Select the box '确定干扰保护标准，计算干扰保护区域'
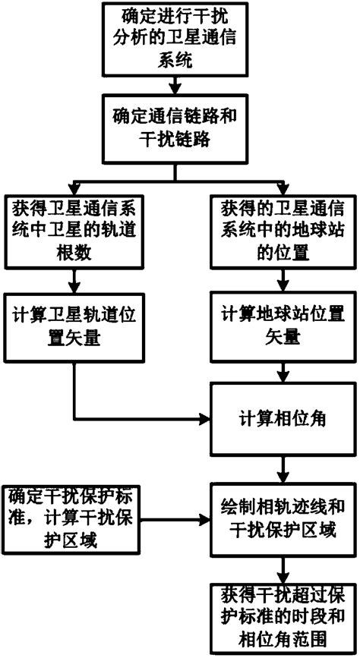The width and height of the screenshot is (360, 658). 59,521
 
